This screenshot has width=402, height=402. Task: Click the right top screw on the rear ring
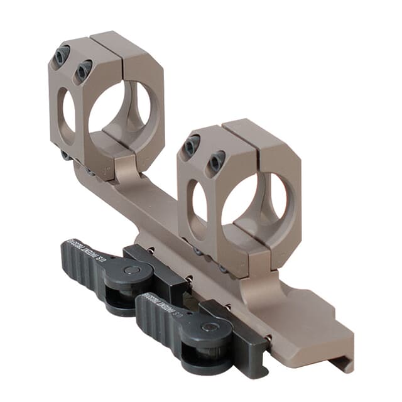pyautogui.click(x=83, y=70)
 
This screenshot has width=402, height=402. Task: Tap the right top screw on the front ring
pyautogui.click(x=216, y=162)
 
